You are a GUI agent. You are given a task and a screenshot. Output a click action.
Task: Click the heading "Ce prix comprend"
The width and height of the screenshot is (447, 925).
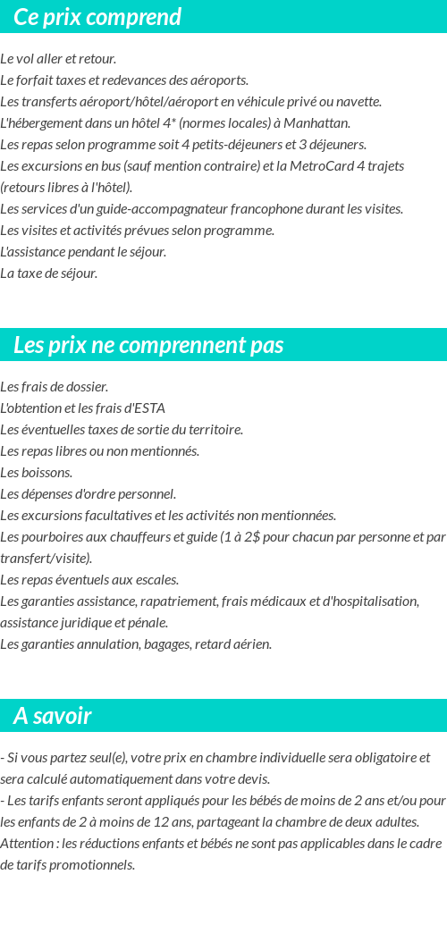click(97, 17)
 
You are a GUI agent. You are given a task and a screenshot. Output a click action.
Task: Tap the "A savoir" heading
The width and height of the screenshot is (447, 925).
click(53, 716)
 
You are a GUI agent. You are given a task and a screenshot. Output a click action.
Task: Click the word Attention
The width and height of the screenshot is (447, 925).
click(28, 844)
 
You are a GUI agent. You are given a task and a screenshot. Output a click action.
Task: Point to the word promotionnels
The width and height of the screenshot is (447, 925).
click(90, 865)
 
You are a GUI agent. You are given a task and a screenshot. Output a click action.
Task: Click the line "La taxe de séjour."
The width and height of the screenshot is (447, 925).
click(49, 273)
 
